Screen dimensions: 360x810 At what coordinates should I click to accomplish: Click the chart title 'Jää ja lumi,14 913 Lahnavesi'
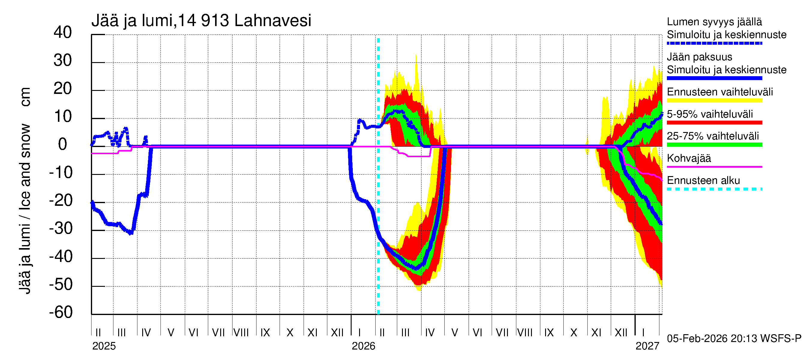coord(201,21)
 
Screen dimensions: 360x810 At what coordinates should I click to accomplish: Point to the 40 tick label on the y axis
coord(63,32)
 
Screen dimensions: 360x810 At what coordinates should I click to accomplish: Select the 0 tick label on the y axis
coord(63,144)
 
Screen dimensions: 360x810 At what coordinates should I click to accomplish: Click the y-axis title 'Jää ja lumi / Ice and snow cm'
coord(25,190)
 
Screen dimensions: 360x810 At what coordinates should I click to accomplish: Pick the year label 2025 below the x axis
coord(104,346)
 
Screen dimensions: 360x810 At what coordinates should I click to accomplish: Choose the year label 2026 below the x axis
coord(363,346)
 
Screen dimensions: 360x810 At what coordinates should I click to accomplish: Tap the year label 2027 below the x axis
coord(647,346)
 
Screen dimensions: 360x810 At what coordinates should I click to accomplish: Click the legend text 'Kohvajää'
coord(688,158)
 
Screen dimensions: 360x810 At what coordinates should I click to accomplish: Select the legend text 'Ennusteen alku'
coord(703,181)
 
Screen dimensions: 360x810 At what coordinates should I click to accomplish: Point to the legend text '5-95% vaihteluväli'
coord(710,114)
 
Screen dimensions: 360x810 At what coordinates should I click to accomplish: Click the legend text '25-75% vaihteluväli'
coord(712,136)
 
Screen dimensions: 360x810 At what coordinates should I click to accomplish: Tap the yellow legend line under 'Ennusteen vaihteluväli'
coord(714,100)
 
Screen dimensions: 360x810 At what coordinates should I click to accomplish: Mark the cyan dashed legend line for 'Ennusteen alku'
coord(714,189)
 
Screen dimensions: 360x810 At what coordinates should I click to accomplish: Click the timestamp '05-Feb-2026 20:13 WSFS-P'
coord(734,339)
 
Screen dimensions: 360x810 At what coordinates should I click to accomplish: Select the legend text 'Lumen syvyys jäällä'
coord(714,22)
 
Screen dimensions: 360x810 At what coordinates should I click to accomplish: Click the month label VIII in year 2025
coord(241,333)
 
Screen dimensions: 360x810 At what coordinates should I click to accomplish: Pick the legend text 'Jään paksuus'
coord(699,57)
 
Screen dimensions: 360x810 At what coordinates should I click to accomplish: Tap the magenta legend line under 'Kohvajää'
coord(714,166)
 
